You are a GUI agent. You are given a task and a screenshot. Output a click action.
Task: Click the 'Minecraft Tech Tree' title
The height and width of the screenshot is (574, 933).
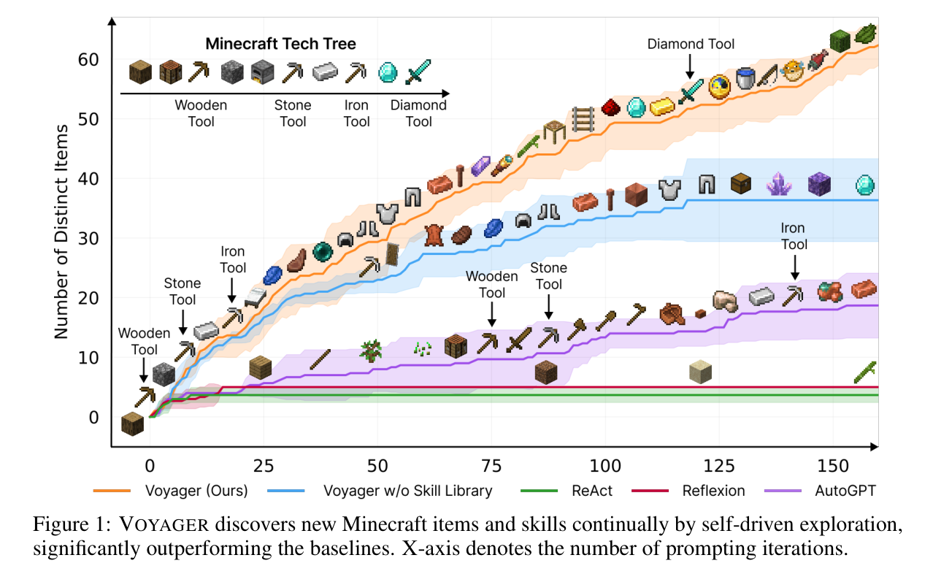pyautogui.click(x=281, y=44)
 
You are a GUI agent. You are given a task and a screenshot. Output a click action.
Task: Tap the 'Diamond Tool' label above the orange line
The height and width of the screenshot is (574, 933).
pyautogui.click(x=691, y=44)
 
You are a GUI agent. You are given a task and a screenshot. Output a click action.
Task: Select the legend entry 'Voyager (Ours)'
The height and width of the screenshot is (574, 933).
pyautogui.click(x=171, y=491)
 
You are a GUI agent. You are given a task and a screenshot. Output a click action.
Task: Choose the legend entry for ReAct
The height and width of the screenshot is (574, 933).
pyautogui.click(x=567, y=491)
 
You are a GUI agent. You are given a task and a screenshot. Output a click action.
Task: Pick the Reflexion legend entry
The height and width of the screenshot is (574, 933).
pyautogui.click(x=688, y=491)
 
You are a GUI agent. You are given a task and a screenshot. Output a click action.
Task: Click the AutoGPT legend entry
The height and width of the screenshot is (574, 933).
pyautogui.click(x=821, y=491)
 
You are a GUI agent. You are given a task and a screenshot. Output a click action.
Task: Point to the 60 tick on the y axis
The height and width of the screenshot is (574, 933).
pyautogui.click(x=88, y=60)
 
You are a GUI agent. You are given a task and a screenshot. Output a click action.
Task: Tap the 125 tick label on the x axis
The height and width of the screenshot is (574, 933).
pyautogui.click(x=719, y=466)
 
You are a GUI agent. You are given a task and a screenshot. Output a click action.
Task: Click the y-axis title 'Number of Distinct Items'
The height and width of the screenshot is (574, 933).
pyautogui.click(x=61, y=231)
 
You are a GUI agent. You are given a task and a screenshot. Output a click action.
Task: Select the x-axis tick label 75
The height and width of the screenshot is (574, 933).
pyautogui.click(x=491, y=466)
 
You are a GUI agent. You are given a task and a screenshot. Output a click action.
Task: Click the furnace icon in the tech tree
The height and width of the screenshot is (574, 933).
pyautogui.click(x=262, y=72)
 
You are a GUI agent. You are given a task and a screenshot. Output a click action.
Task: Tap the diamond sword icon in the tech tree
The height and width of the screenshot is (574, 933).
pyautogui.click(x=418, y=72)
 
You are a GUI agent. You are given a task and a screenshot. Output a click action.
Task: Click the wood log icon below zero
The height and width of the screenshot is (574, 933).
pyautogui.click(x=132, y=424)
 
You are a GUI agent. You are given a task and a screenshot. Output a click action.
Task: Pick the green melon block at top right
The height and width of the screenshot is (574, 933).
pyautogui.click(x=840, y=41)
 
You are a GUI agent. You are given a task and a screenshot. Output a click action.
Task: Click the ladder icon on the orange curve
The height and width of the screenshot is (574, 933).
pyautogui.click(x=583, y=120)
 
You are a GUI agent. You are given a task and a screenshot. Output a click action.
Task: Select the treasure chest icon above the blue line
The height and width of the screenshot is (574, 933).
pyautogui.click(x=741, y=183)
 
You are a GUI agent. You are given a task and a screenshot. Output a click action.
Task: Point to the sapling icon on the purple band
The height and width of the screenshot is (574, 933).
pyautogui.click(x=371, y=351)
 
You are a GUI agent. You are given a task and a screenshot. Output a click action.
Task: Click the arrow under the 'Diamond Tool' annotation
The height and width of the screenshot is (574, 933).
pyautogui.click(x=690, y=66)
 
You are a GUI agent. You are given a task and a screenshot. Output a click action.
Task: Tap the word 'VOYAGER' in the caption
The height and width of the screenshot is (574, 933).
pyautogui.click(x=164, y=524)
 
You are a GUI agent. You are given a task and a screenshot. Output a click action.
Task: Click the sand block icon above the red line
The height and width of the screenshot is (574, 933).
pyautogui.click(x=701, y=372)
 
